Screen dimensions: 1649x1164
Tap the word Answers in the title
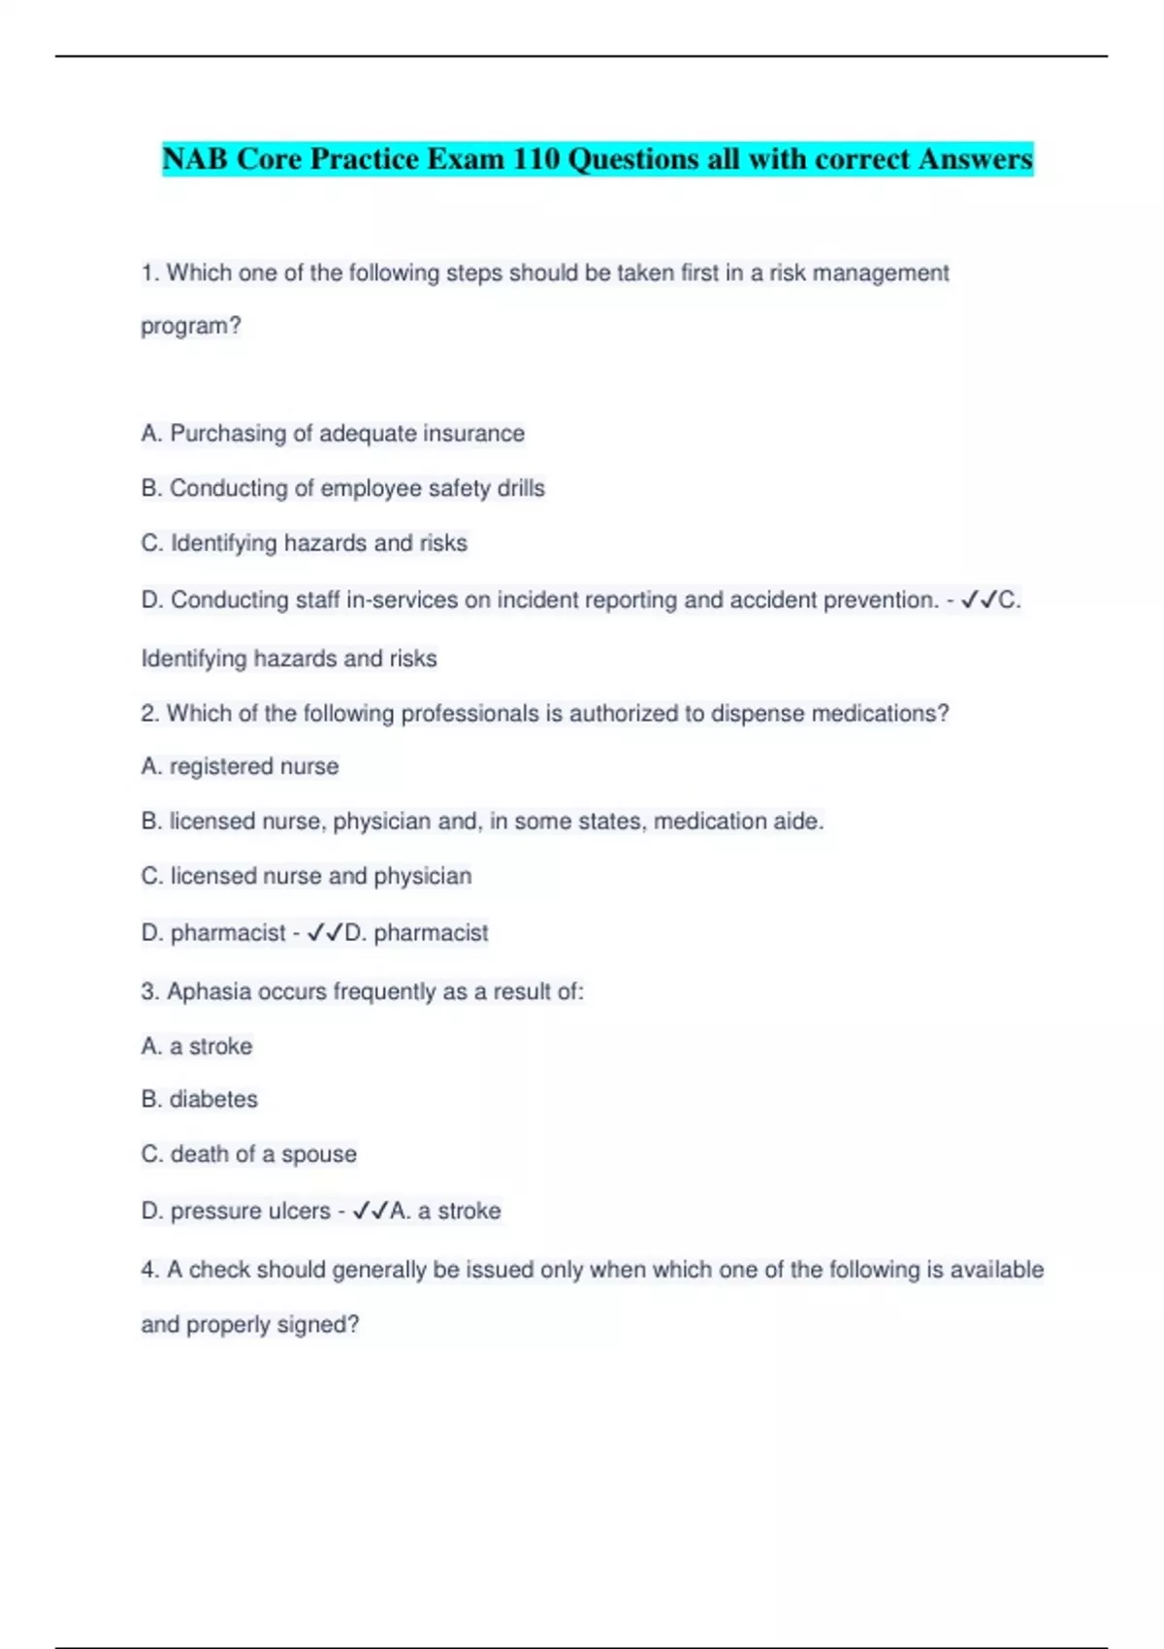975,158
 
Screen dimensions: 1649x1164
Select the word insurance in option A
473,434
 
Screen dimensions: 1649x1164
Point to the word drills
521,488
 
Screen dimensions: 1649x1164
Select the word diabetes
213,1099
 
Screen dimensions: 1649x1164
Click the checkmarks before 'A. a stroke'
371,1211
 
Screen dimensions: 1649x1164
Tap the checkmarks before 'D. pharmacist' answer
325,933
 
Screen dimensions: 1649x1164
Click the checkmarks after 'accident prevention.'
979,600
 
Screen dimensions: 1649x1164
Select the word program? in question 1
191,326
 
